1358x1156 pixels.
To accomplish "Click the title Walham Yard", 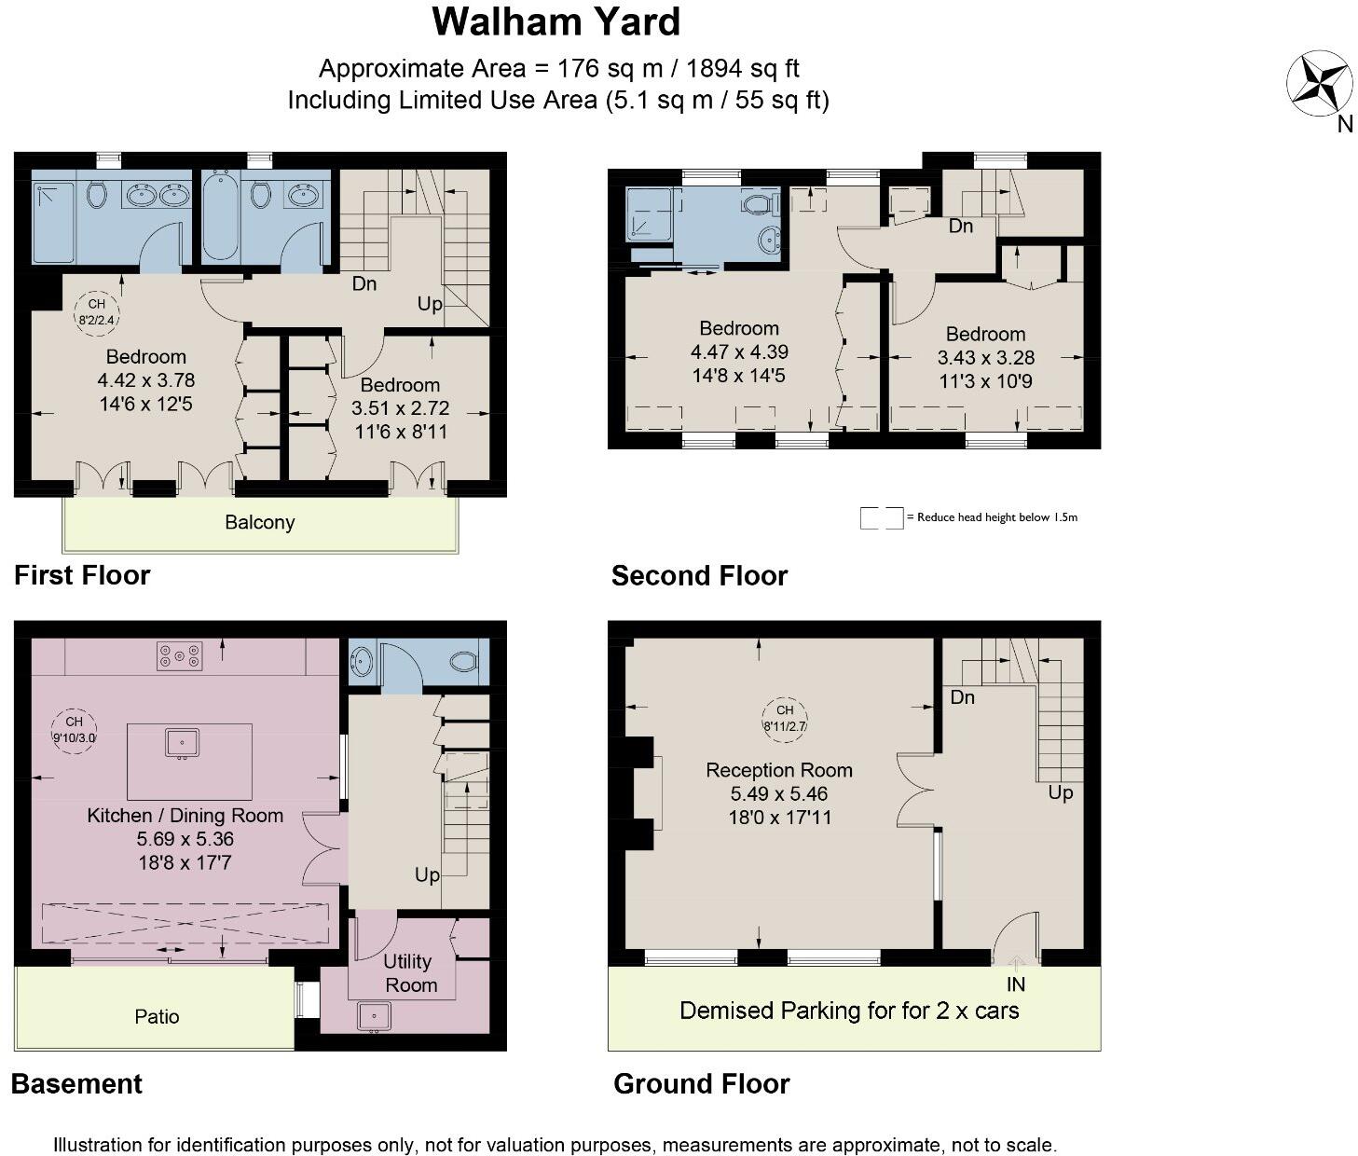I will coord(556,22).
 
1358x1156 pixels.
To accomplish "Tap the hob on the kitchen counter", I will coord(179,656).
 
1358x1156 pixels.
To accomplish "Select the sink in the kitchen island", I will coord(182,743).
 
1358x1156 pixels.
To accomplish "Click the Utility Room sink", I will coord(374,1015).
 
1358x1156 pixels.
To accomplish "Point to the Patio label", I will coord(157,1016).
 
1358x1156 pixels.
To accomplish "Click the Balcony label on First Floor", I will coord(259,522).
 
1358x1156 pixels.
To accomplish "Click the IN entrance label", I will coord(1015,984).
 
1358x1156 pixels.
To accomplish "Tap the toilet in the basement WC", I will coord(463,662).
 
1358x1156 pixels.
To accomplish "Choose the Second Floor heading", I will coord(699,576).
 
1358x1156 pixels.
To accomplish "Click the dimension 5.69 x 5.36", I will coord(185,839).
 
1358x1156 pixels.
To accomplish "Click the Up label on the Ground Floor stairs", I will coord(1061,792).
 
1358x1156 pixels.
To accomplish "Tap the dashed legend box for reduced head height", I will coord(881,517).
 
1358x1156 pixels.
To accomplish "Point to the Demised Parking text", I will coord(848,1011).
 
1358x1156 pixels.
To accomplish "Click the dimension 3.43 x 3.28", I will coord(985,358).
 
